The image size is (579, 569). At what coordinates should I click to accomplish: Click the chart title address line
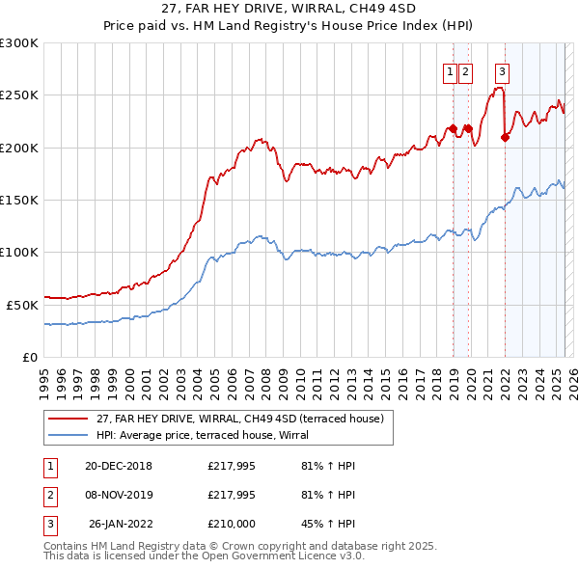289,9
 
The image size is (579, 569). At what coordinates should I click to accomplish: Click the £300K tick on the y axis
19,43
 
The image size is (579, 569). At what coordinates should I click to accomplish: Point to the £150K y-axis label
19,200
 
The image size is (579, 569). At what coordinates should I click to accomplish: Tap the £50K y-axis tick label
22,305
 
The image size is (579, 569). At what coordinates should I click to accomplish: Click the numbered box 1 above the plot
451,70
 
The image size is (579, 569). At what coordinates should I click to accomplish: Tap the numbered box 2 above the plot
465,70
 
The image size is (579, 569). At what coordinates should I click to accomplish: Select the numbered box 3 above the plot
503,70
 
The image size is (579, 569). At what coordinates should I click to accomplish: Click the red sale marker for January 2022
505,137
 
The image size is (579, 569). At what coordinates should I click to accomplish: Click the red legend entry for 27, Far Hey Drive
241,419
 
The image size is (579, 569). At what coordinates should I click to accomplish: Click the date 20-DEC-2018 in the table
119,466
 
